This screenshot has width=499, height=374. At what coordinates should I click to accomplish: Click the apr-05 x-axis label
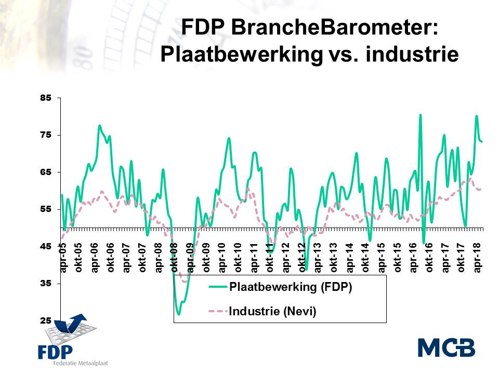point(63,258)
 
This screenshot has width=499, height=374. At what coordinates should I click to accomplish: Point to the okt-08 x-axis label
point(175,258)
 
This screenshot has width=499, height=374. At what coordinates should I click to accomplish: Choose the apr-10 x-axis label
point(222,258)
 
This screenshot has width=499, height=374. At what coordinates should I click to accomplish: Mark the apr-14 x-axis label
point(350,258)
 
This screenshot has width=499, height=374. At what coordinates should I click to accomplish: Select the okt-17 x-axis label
point(461,258)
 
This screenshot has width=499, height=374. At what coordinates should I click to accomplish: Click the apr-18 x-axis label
point(477,258)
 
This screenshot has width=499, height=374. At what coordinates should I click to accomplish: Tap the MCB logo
point(447,347)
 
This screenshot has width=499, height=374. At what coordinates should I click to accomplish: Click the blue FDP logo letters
point(56,351)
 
